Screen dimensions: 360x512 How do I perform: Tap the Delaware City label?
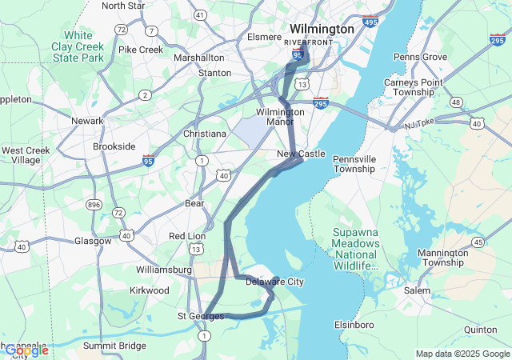274,282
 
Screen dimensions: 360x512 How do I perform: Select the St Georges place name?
201,317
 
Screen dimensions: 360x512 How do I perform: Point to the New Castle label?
302,153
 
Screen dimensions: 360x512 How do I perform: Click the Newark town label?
87,121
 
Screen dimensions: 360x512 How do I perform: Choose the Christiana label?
205,134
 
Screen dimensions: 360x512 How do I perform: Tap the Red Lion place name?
187,236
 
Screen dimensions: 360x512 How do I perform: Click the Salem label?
416,290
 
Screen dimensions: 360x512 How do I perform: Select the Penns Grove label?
420,57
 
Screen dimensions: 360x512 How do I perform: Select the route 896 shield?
94,204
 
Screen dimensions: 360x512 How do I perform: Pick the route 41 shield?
200,15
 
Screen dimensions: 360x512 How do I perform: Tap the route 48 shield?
456,102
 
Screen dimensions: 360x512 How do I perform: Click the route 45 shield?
478,242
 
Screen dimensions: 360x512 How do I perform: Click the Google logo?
26,350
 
